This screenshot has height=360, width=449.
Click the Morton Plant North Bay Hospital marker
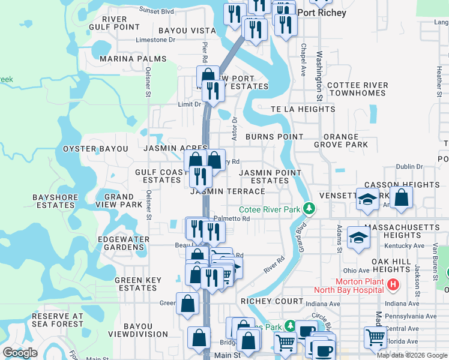393,285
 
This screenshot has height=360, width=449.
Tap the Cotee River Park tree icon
309,209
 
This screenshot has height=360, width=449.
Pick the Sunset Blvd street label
157,10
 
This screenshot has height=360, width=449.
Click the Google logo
20,353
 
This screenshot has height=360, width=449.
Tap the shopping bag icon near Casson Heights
402,197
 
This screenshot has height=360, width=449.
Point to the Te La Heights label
303,109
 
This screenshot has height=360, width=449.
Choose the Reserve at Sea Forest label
58,320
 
